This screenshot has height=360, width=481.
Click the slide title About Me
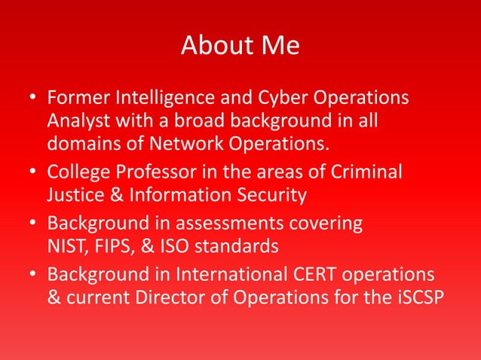pyautogui.click(x=240, y=46)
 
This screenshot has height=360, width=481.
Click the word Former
pyautogui.click(x=75, y=99)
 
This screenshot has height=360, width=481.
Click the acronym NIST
pyautogui.click(x=66, y=247)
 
